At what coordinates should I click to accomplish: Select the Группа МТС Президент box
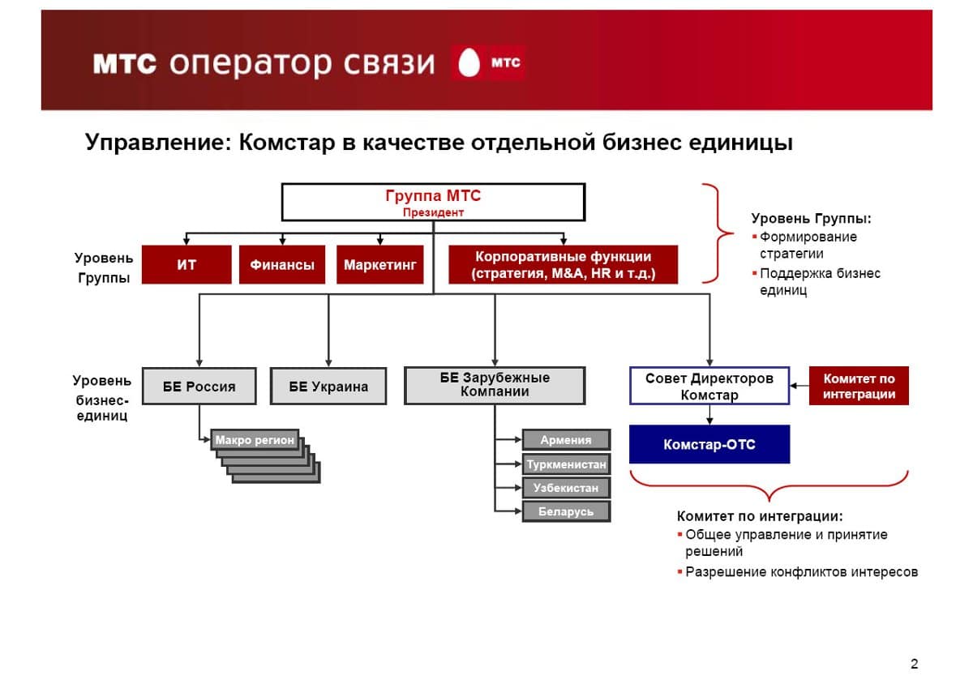[x=433, y=202]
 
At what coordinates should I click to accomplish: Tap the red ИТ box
[x=186, y=265]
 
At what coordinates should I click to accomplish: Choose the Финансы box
[x=282, y=265]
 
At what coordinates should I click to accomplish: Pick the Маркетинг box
[x=379, y=265]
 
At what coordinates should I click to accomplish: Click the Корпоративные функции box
[x=563, y=265]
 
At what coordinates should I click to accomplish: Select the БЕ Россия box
[x=199, y=387]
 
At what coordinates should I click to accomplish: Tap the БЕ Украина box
[x=328, y=387]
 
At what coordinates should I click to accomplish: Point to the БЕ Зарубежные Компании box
[x=495, y=386]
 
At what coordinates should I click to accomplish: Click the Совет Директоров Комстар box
[x=709, y=387]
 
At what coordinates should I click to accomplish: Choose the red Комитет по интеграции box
[x=859, y=387]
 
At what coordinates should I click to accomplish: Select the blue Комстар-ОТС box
[x=709, y=445]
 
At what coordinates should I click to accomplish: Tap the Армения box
[x=566, y=441]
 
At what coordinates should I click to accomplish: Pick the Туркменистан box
[x=566, y=465]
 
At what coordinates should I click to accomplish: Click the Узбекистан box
[x=566, y=489]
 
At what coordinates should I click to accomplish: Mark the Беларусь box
[x=566, y=512]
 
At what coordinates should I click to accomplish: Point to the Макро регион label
[x=255, y=441]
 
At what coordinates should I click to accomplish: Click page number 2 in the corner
[x=915, y=664]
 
